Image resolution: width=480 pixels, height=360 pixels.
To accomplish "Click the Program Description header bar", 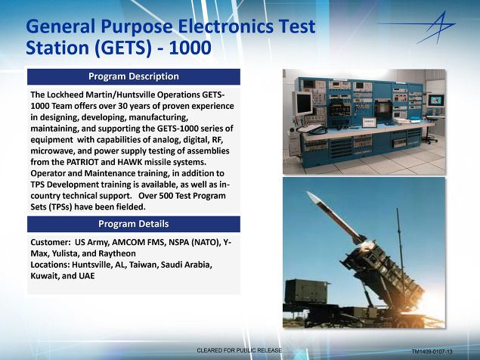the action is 134,76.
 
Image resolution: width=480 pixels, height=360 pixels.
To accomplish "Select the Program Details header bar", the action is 134,224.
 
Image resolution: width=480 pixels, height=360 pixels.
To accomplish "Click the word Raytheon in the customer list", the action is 117,253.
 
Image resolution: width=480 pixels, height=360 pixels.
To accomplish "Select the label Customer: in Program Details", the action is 51,242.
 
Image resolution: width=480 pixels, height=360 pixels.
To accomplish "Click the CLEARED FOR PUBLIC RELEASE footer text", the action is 239,350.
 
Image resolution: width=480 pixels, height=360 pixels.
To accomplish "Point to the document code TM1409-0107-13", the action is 432,352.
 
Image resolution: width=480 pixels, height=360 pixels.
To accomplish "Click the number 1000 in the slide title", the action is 190,48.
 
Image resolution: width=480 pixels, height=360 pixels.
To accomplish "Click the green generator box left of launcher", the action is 306,291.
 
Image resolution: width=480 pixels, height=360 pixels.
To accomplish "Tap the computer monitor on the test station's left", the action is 302,104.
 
